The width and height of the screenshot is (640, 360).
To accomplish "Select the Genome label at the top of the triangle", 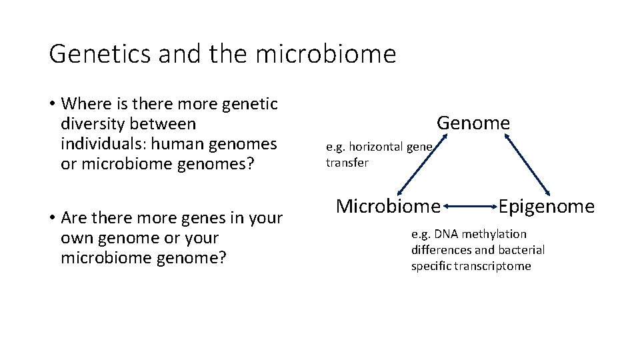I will coord(473,123).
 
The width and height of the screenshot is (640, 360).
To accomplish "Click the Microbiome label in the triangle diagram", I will coord(388,207).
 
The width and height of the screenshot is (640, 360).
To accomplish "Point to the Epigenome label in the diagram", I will coord(546,207).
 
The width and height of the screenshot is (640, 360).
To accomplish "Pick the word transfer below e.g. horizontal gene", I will coord(347,163).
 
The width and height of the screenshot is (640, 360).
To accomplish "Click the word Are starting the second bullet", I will coord(72,218).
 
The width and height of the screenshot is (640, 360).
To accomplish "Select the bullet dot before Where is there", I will coord(51,105).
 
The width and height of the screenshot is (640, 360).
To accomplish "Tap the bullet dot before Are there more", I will coord(51,219).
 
